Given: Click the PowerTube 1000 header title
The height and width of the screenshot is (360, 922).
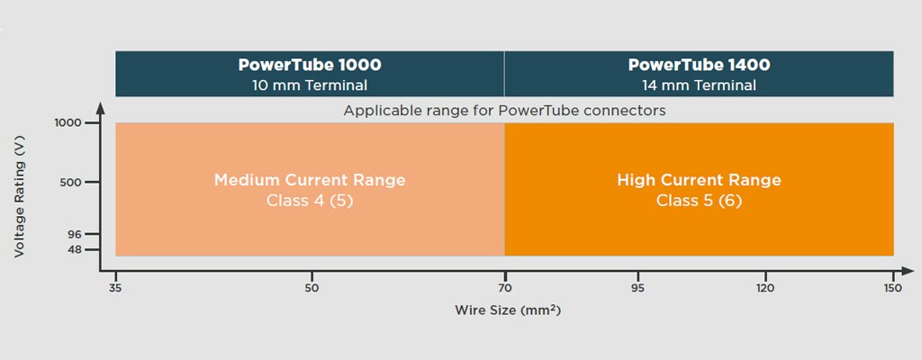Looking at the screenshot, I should coord(309,65).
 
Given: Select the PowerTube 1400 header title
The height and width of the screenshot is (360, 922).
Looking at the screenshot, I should coord(699,65).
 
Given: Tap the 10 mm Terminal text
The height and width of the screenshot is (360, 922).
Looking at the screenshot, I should coord(309,85).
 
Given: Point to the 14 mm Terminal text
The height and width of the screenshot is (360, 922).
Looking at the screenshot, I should coord(699,85).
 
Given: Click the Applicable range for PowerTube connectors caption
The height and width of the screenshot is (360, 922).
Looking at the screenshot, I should coord(504,111).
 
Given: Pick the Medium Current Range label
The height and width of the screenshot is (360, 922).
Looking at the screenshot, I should coord(310,180).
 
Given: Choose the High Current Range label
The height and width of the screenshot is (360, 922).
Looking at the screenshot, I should coord(699,180).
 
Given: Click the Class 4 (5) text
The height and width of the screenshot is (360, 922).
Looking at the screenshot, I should coord(310,200).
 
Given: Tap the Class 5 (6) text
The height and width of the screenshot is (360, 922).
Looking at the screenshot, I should coord(699,200).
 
